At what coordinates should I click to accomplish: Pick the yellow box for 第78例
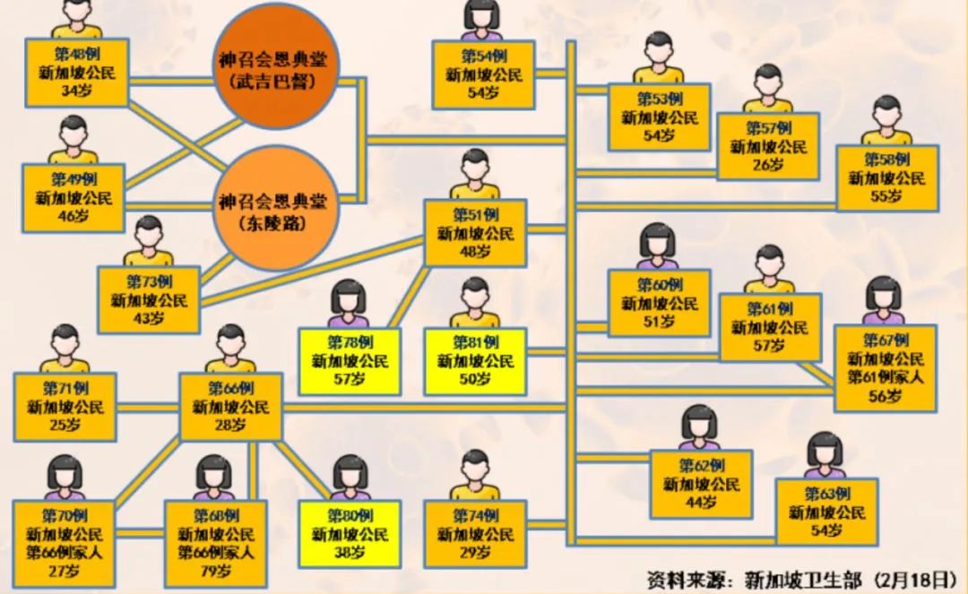point(350,362)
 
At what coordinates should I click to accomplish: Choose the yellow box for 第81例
point(474,362)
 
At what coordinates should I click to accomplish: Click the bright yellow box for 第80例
point(350,534)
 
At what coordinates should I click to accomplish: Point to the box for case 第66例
point(231,408)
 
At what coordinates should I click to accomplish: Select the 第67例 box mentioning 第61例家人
point(886,368)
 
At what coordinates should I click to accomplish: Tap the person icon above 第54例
point(481,20)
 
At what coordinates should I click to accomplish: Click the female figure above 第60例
point(658,247)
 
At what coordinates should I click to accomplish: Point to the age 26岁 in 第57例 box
point(768,165)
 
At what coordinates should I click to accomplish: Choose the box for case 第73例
point(149,299)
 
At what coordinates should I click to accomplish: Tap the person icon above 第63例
point(825,456)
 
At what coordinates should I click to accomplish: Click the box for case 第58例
point(887,178)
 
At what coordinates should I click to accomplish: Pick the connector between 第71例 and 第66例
point(148,408)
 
